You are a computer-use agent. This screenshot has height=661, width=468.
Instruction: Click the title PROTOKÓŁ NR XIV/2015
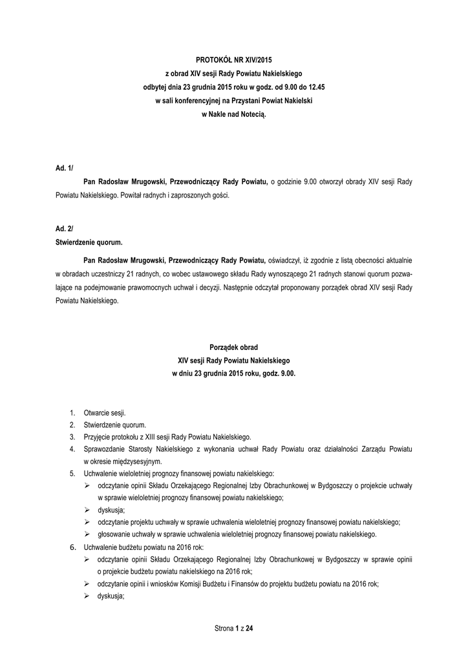pyautogui.click(x=233, y=59)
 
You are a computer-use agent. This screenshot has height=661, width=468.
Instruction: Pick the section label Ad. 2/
pyautogui.click(x=64, y=229)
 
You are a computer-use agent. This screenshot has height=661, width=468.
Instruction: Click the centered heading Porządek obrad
pyautogui.click(x=233, y=347)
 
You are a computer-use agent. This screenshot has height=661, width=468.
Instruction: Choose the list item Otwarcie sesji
pyautogui.click(x=105, y=412)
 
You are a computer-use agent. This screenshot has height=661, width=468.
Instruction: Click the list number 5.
pyautogui.click(x=71, y=474)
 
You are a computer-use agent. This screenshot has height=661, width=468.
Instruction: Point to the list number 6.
pyautogui.click(x=71, y=547)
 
